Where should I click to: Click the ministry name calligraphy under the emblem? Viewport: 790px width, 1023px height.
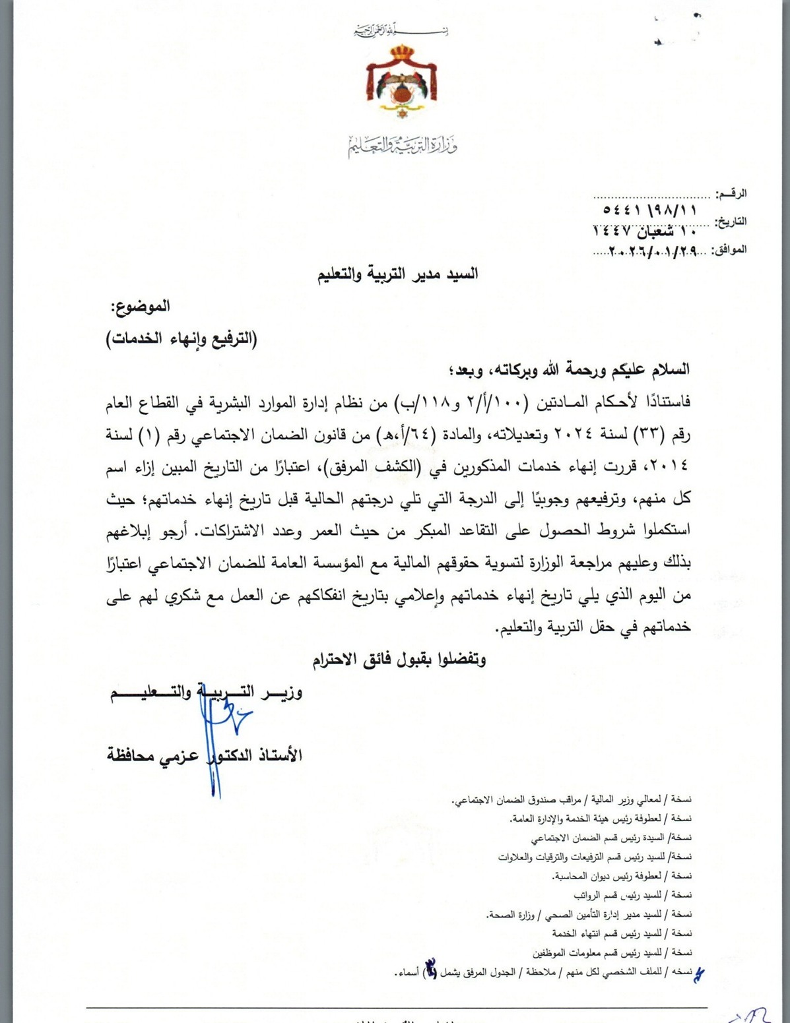(403, 145)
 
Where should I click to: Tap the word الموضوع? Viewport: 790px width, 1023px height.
(141, 306)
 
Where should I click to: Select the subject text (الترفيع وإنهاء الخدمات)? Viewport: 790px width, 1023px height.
(182, 339)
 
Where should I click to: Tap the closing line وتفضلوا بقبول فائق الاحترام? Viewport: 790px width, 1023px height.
(398, 659)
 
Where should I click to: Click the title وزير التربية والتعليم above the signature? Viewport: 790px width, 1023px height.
(206, 692)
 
